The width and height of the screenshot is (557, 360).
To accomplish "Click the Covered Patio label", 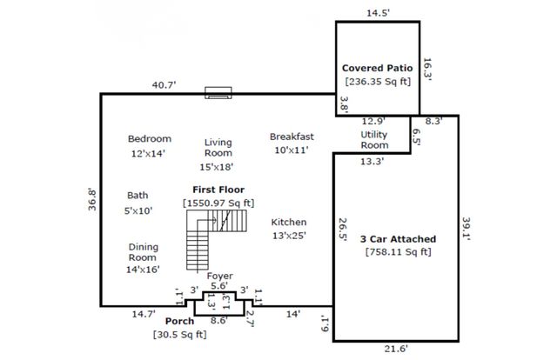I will click(377, 68).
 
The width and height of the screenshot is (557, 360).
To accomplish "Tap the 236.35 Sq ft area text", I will click(377, 83).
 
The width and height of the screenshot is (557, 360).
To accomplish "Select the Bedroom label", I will click(149, 138).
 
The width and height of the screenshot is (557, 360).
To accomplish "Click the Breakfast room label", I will click(292, 137).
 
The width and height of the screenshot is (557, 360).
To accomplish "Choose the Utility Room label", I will click(374, 140).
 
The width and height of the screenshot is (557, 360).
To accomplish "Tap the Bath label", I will click(138, 196).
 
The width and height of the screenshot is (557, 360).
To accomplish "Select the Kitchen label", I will click(288, 222).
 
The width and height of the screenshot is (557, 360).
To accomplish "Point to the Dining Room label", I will click(143, 252).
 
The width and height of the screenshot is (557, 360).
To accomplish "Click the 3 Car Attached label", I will click(398, 238).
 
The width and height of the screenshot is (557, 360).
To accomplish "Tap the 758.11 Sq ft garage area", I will click(398, 253).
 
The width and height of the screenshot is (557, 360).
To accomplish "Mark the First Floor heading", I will click(218, 189).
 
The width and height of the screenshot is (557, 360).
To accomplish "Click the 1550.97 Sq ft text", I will click(218, 203).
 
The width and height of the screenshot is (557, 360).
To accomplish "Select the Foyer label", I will click(219, 276).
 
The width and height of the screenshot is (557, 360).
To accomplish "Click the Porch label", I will click(180, 322).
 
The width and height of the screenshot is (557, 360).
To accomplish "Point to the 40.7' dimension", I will click(164, 84).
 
